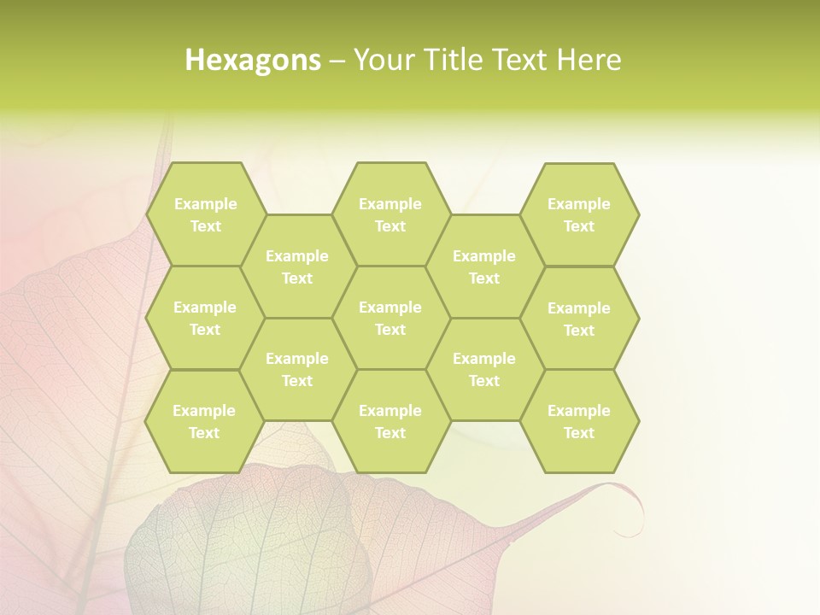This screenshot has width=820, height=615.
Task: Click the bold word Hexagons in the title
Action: click(253, 60)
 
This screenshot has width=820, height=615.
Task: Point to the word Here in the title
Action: click(589, 60)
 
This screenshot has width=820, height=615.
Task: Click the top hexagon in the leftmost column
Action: click(205, 214)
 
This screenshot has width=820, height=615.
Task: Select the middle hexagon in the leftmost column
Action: click(205, 318)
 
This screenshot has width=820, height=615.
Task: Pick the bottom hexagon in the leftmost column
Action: click(204, 421)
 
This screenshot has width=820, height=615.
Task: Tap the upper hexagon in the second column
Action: click(297, 266)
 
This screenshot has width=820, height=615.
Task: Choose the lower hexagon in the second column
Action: click(297, 369)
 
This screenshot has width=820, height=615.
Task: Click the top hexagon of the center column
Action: click(390, 214)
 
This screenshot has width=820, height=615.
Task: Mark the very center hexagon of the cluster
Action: click(390, 318)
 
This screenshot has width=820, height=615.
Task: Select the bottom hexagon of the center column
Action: click(390, 421)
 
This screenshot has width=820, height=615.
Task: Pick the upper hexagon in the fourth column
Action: click(484, 266)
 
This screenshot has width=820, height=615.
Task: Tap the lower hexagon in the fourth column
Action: click(484, 369)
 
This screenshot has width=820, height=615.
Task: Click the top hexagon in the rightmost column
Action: click(579, 214)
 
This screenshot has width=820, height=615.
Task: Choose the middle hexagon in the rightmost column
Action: click(579, 319)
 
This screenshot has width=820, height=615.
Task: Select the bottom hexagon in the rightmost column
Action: click(579, 421)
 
